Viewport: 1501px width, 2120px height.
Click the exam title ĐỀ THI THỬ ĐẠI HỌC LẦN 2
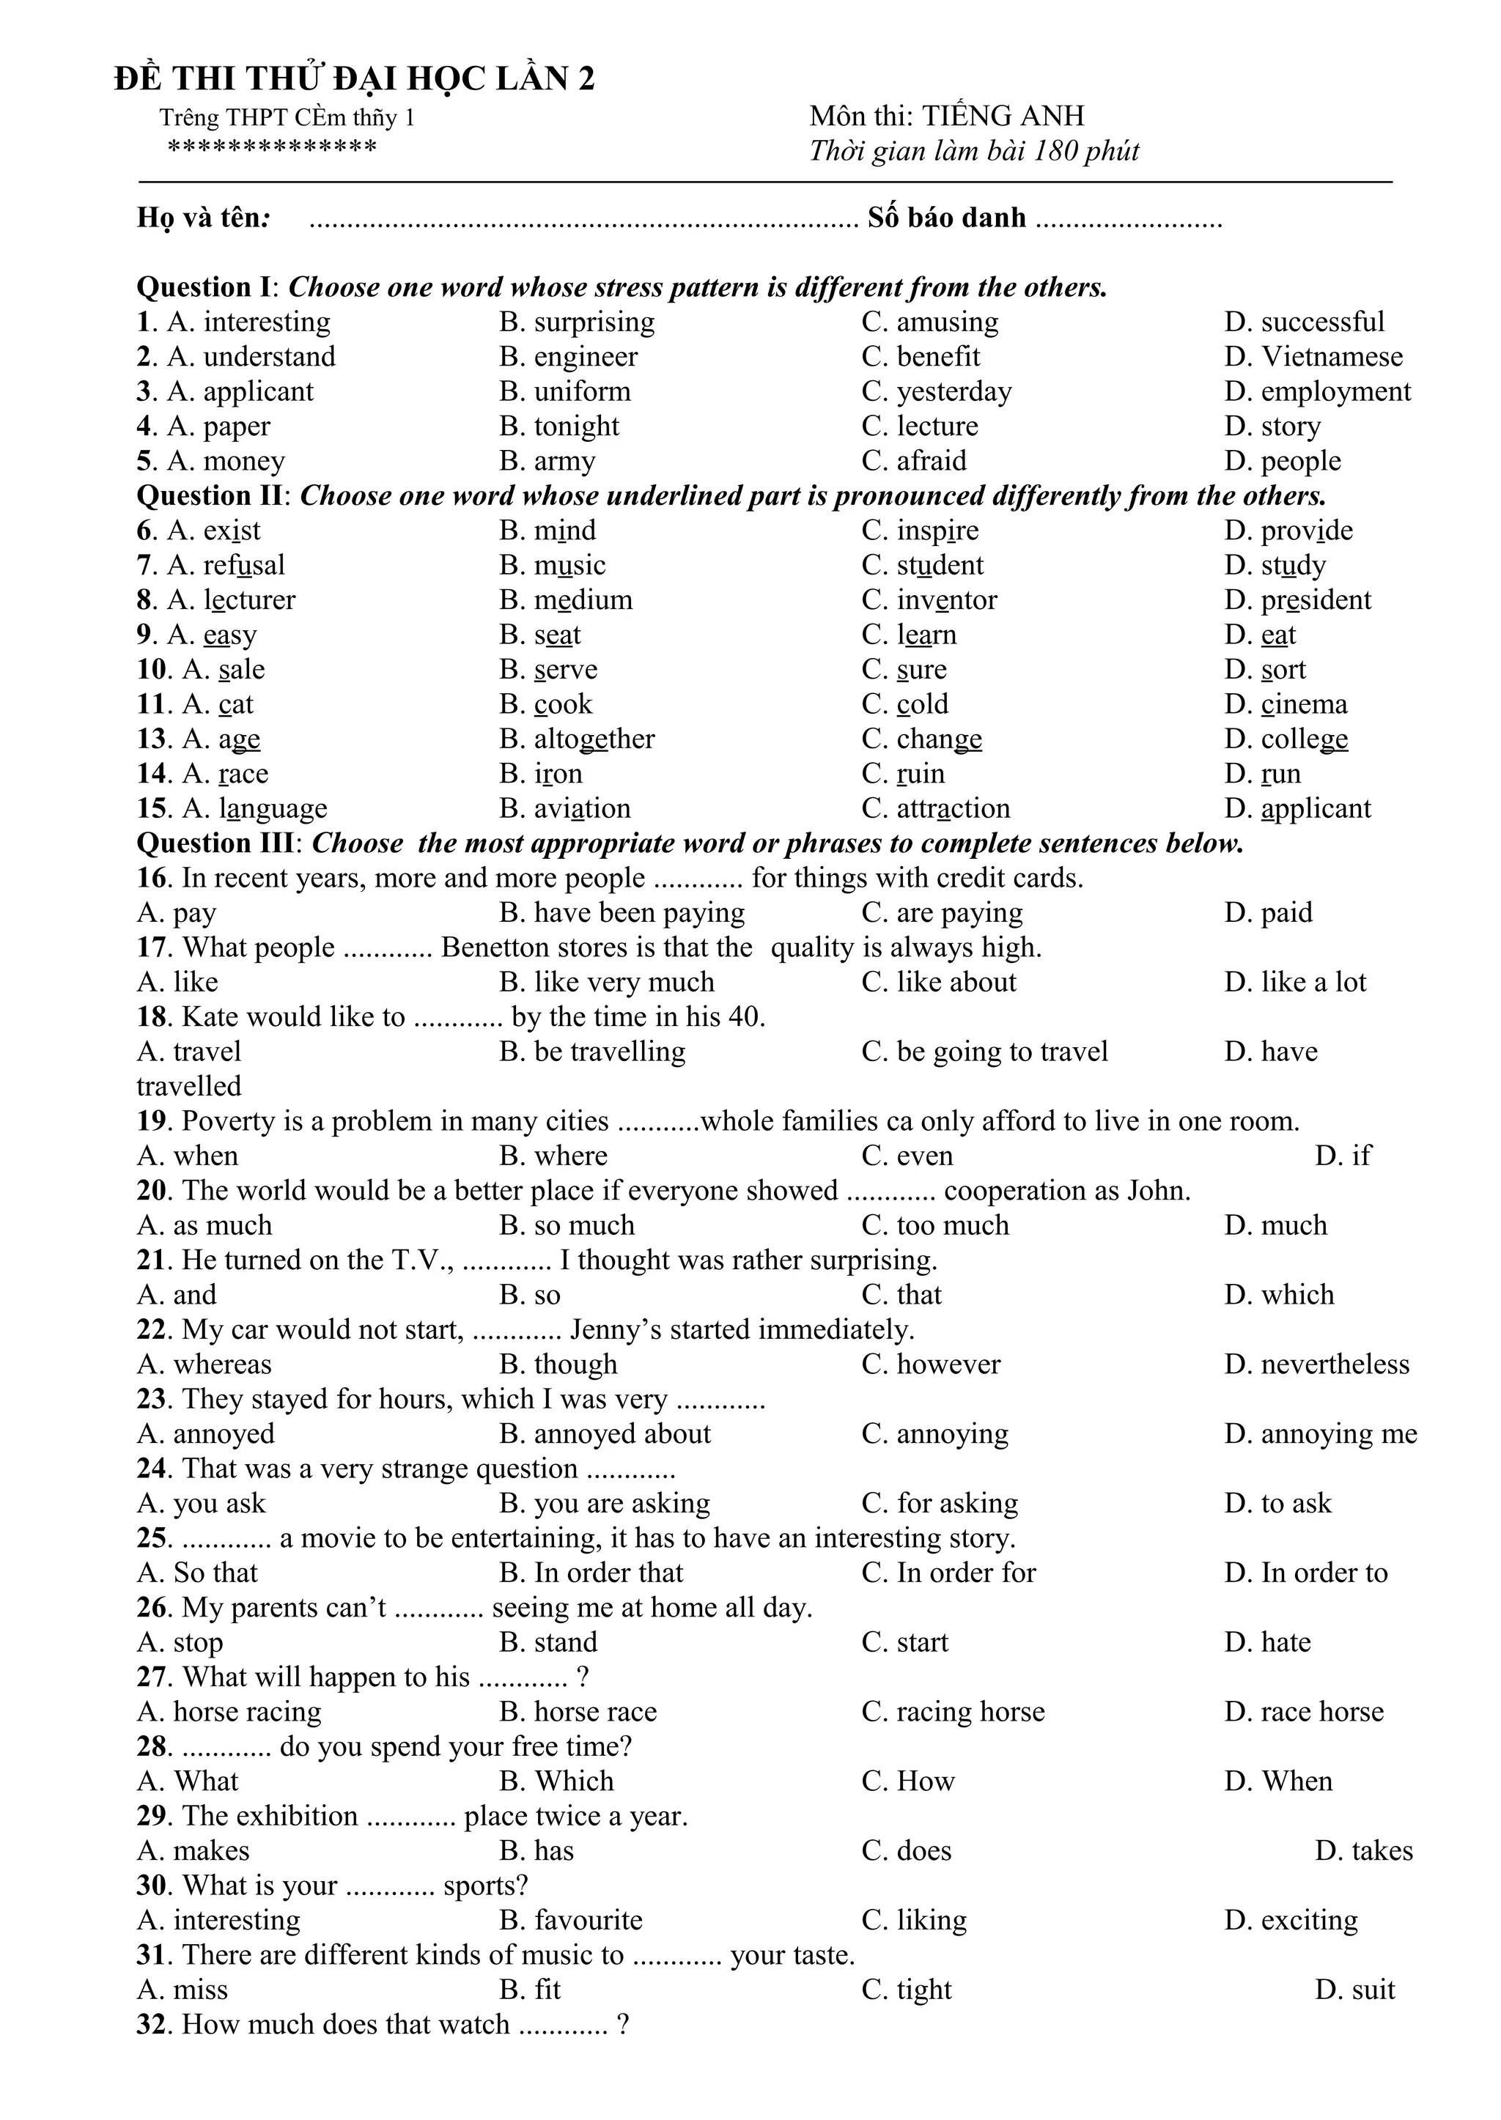(354, 78)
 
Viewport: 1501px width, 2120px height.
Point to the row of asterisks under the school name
(272, 148)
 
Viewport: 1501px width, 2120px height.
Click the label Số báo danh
(945, 218)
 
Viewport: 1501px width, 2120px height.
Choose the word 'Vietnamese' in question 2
(1332, 357)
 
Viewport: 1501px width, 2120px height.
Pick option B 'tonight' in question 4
(576, 426)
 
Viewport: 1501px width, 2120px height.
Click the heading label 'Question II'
(209, 496)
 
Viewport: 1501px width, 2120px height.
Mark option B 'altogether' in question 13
(594, 739)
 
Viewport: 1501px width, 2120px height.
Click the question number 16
(152, 878)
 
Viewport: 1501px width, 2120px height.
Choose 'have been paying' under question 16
(638, 913)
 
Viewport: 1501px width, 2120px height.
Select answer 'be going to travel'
(1002, 1052)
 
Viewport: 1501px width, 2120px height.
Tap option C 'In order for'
(966, 1573)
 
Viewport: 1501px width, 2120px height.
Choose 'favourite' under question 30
(588, 1921)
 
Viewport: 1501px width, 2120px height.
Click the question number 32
(152, 2025)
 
